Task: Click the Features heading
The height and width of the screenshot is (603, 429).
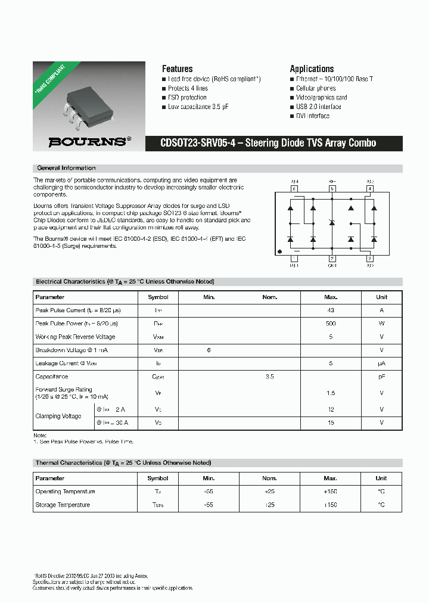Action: pos(177,69)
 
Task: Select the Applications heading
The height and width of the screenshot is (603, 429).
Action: pos(312,69)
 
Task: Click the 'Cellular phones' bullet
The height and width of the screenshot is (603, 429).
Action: pos(316,88)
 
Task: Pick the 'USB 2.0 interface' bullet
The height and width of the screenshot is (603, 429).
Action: pos(318,107)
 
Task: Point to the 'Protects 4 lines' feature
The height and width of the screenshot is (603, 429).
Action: pos(188,88)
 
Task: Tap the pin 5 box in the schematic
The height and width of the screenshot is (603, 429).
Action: pos(332,189)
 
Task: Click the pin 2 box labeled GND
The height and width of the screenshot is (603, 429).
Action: pos(332,258)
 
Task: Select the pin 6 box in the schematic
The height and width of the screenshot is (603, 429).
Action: pos(294,189)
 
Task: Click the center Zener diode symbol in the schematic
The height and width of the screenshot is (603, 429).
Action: pos(332,223)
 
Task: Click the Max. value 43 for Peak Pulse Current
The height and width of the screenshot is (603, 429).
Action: pos(331,310)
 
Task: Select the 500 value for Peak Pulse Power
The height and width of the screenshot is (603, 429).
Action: pos(331,324)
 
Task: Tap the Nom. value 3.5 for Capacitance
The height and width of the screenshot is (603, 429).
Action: pos(269,377)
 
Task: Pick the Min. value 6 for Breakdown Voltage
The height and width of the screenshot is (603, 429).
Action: pos(209,350)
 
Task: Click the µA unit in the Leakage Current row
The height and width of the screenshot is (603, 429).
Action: pos(381,363)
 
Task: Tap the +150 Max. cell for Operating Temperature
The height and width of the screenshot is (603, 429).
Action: pos(330,492)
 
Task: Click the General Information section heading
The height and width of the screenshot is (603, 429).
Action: pos(66,168)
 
